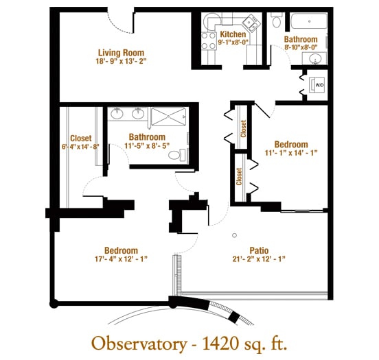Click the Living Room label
(x=121, y=53)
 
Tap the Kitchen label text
(x=233, y=34)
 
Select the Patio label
(x=259, y=250)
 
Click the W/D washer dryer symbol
(x=319, y=85)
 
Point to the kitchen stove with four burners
(x=209, y=41)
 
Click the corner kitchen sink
(x=251, y=23)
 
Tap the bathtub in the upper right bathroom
(x=309, y=21)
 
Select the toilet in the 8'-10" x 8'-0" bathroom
(x=277, y=20)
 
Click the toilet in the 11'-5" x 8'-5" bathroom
(x=176, y=155)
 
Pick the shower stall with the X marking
(x=168, y=117)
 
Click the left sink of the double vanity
(x=117, y=113)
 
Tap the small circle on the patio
(x=234, y=235)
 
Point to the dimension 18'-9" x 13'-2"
(x=121, y=61)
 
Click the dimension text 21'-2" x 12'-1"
(x=259, y=259)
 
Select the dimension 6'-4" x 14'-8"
(x=80, y=147)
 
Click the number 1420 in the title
(x=220, y=344)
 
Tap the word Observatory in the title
(x=139, y=344)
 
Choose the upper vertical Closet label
(x=243, y=129)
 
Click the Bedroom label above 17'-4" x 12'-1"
(x=121, y=250)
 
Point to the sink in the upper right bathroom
(x=315, y=58)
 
